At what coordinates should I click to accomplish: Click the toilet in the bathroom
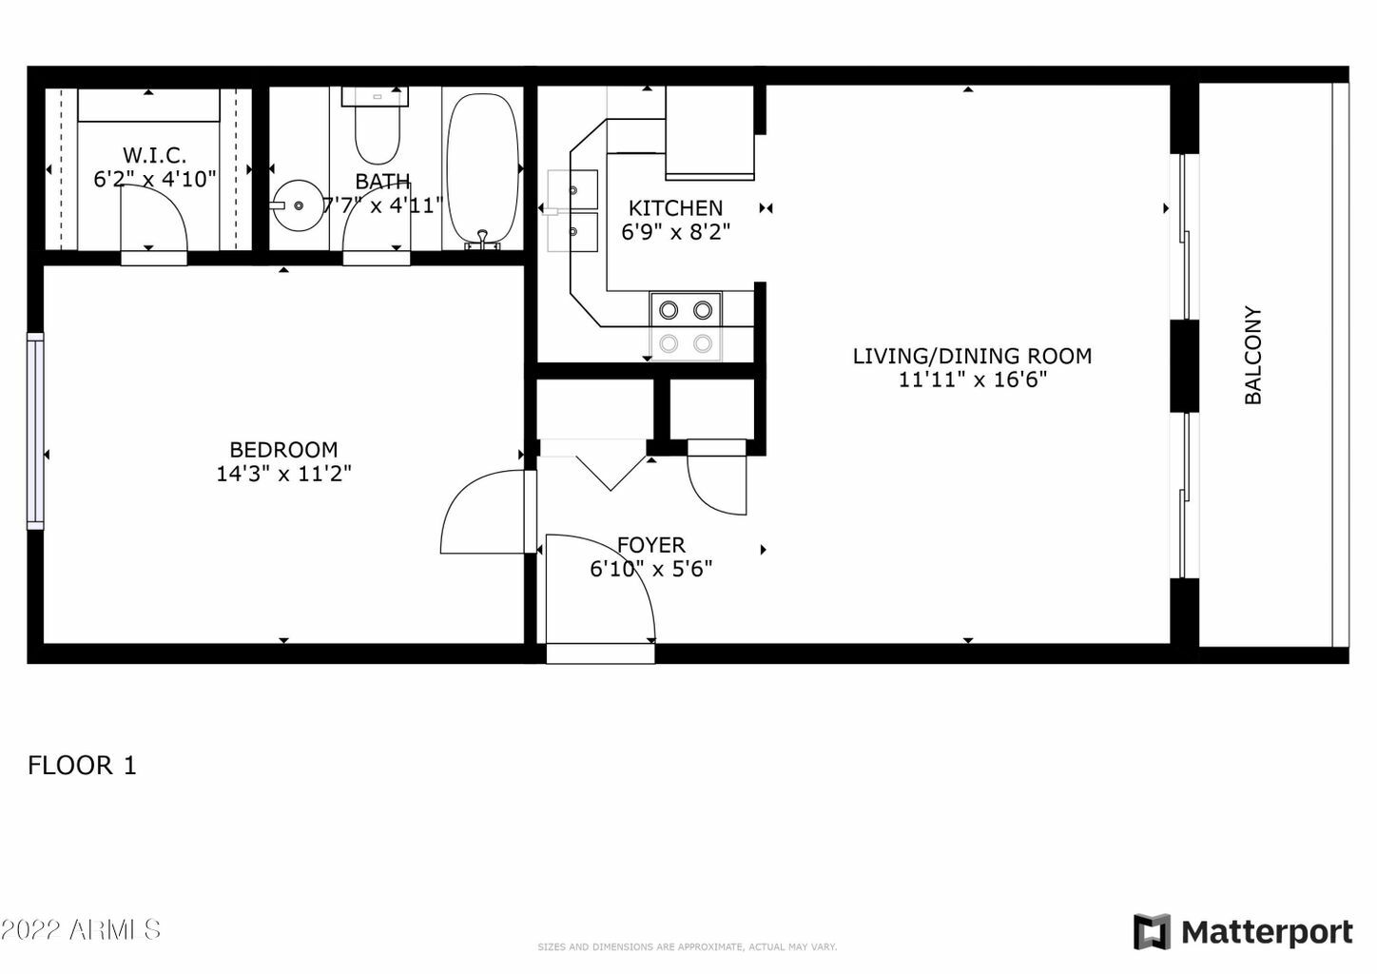pos(377,128)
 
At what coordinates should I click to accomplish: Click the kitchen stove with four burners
pos(686,326)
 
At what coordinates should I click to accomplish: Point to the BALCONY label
pos(1253,355)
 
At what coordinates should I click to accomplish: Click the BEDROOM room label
pos(283,449)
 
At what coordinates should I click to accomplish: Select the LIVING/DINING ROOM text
pos(971,356)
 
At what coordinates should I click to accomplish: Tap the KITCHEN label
pos(675,207)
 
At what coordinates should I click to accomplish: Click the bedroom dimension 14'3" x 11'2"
pos(283,474)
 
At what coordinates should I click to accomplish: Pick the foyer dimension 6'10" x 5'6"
pos(651,569)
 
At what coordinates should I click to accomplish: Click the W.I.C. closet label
pos(154,154)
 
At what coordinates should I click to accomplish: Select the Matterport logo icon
pos(1152,931)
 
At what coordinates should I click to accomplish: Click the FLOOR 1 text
pos(82,765)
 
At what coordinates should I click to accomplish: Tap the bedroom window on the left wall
pos(35,430)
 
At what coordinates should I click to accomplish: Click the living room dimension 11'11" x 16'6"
pos(972,380)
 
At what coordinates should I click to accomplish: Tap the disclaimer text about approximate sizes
pos(687,947)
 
